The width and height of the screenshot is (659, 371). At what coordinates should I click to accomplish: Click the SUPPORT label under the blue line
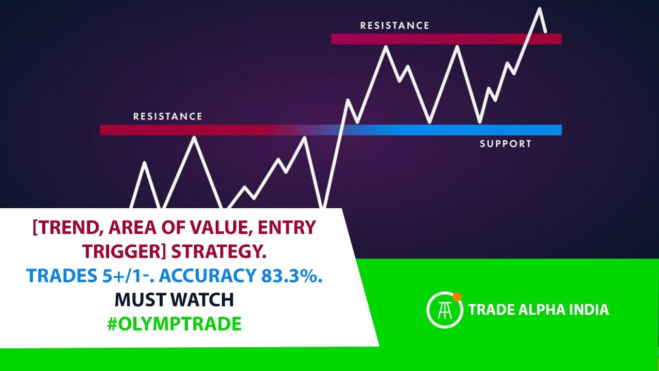point(505,144)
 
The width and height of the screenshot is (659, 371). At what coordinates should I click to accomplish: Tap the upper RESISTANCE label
point(394,25)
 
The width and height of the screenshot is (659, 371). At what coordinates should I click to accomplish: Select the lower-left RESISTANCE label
point(168,116)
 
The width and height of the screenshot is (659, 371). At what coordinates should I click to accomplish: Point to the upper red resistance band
point(446,39)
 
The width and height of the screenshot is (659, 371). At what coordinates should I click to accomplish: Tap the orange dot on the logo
point(457,296)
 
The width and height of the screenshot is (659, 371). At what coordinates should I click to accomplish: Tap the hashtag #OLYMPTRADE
point(174,324)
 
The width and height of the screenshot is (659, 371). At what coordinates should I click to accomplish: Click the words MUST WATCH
point(174,299)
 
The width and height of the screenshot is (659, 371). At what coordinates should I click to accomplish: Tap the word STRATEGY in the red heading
point(220,252)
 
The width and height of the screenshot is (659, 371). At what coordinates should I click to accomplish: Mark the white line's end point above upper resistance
point(546,32)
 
